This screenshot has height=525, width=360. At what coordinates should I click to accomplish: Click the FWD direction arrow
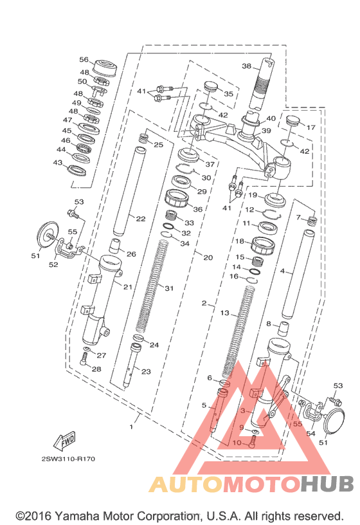65,440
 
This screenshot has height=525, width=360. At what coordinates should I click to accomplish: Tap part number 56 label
84,60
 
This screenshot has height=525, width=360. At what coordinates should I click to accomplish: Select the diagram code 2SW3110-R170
68,459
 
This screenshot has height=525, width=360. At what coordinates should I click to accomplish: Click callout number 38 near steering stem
247,66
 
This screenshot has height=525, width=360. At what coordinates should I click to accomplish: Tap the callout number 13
225,313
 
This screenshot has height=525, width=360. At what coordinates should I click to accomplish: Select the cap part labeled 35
210,86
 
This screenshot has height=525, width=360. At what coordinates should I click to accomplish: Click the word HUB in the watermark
327,484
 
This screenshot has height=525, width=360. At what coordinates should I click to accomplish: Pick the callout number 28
96,369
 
